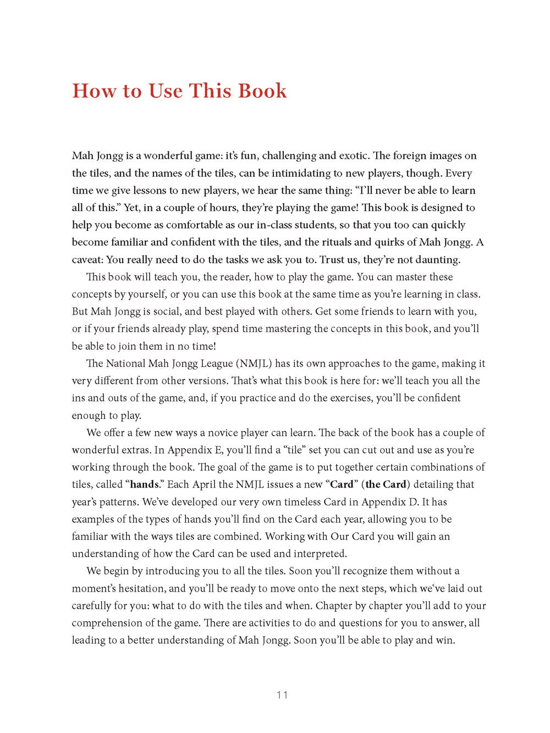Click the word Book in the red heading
point(262,91)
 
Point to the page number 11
point(282,695)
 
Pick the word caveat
point(86,260)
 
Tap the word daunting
point(436,260)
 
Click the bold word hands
point(144,484)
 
